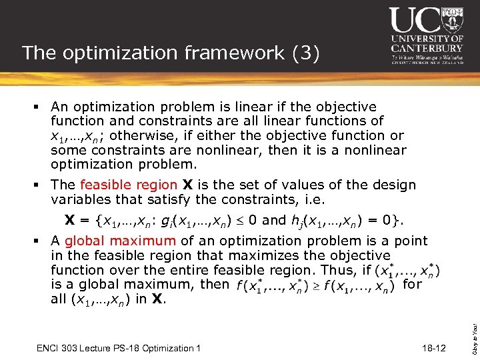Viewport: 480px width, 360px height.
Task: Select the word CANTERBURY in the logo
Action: point(427,48)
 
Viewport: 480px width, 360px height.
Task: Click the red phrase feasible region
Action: point(128,185)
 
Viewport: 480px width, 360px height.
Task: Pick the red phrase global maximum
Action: point(121,241)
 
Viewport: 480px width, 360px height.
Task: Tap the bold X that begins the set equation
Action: point(69,220)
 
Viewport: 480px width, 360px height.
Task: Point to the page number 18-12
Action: point(435,349)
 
